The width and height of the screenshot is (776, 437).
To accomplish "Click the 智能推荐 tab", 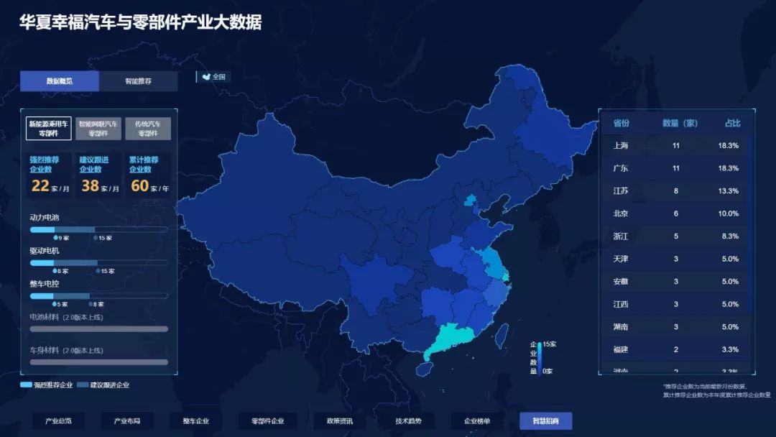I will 138,81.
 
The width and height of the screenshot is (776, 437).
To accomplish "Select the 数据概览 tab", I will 60,81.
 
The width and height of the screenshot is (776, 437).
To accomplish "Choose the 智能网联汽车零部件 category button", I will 98,129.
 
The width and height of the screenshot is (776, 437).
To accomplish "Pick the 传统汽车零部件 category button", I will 147,129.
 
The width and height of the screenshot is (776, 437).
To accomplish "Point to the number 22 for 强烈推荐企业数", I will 40,186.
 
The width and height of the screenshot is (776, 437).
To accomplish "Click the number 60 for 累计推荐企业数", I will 139,186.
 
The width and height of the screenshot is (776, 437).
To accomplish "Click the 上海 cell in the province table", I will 621,145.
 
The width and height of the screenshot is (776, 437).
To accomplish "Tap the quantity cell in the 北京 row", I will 675,213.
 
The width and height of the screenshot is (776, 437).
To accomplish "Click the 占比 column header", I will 732,123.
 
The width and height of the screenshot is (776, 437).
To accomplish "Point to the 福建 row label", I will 621,349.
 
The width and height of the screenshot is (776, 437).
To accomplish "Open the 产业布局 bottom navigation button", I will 126,421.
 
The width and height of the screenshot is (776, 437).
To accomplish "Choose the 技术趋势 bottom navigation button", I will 408,421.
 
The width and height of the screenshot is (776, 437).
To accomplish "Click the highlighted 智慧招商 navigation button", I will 545,421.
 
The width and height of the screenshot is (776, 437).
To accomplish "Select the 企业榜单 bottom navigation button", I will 477,421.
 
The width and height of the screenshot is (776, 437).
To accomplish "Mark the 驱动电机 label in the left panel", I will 45,251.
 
